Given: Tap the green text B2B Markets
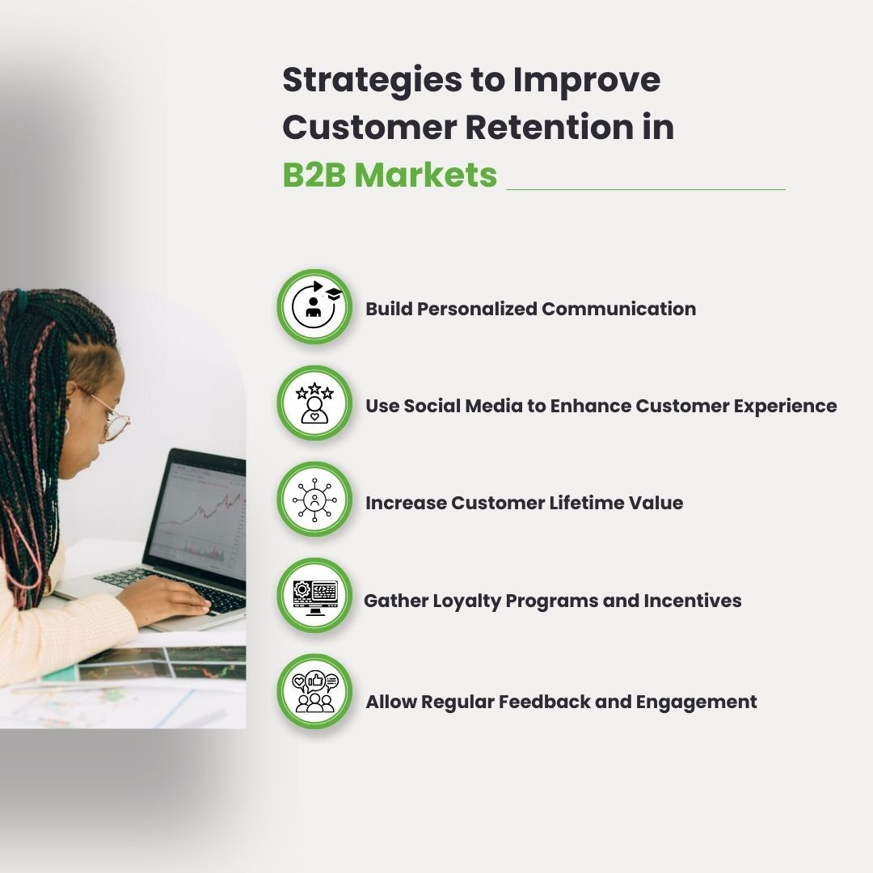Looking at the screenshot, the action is click(x=390, y=175).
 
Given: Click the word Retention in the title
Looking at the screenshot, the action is click(x=548, y=127).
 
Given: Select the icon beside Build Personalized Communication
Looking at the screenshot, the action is click(x=314, y=307).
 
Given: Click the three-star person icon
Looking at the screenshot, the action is click(x=314, y=403).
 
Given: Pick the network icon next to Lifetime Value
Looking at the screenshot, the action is click(x=314, y=500).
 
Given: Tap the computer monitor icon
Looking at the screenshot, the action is click(x=314, y=596).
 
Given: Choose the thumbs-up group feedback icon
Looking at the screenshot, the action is click(x=314, y=692).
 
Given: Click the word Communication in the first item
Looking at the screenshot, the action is click(x=618, y=309).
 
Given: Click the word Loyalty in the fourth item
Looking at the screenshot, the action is click(x=466, y=601).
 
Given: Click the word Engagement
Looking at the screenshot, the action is click(x=697, y=702).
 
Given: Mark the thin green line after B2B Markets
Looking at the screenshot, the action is click(x=646, y=189).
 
